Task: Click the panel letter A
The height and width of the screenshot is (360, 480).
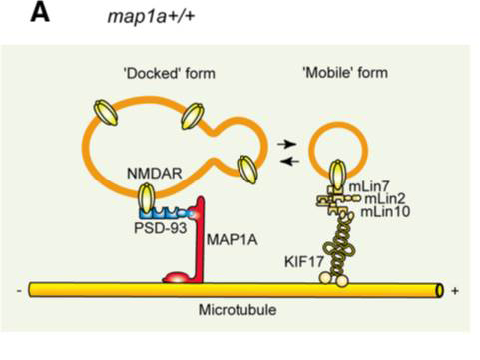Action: pos(40,14)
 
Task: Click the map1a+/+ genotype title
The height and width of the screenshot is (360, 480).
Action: pos(151,16)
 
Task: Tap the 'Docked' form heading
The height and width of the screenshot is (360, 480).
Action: pos(170,73)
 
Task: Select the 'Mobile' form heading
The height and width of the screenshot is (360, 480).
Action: pos(345,72)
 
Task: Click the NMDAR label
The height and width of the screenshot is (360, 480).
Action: pos(155,174)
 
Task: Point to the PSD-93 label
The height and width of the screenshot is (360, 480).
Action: pos(160,228)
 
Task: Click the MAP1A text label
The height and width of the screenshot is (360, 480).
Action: pos(233,239)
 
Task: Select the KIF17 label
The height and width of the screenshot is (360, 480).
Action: pos(304,262)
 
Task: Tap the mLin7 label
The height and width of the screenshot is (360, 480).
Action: pos(369,186)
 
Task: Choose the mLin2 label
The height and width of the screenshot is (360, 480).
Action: pos(385,198)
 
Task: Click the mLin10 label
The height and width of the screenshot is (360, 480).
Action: pos(385,211)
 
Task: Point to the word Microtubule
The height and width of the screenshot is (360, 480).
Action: pos(238,310)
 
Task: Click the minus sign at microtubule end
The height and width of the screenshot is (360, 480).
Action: pos(19,291)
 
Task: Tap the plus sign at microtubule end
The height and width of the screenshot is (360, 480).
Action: pos(455,291)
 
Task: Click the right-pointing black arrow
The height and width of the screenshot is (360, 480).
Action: pos(286,144)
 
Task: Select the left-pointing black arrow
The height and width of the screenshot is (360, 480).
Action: pos(290,162)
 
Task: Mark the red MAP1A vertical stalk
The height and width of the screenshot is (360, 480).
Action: pos(200,240)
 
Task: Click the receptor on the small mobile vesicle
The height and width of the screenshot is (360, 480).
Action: pos(338,175)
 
